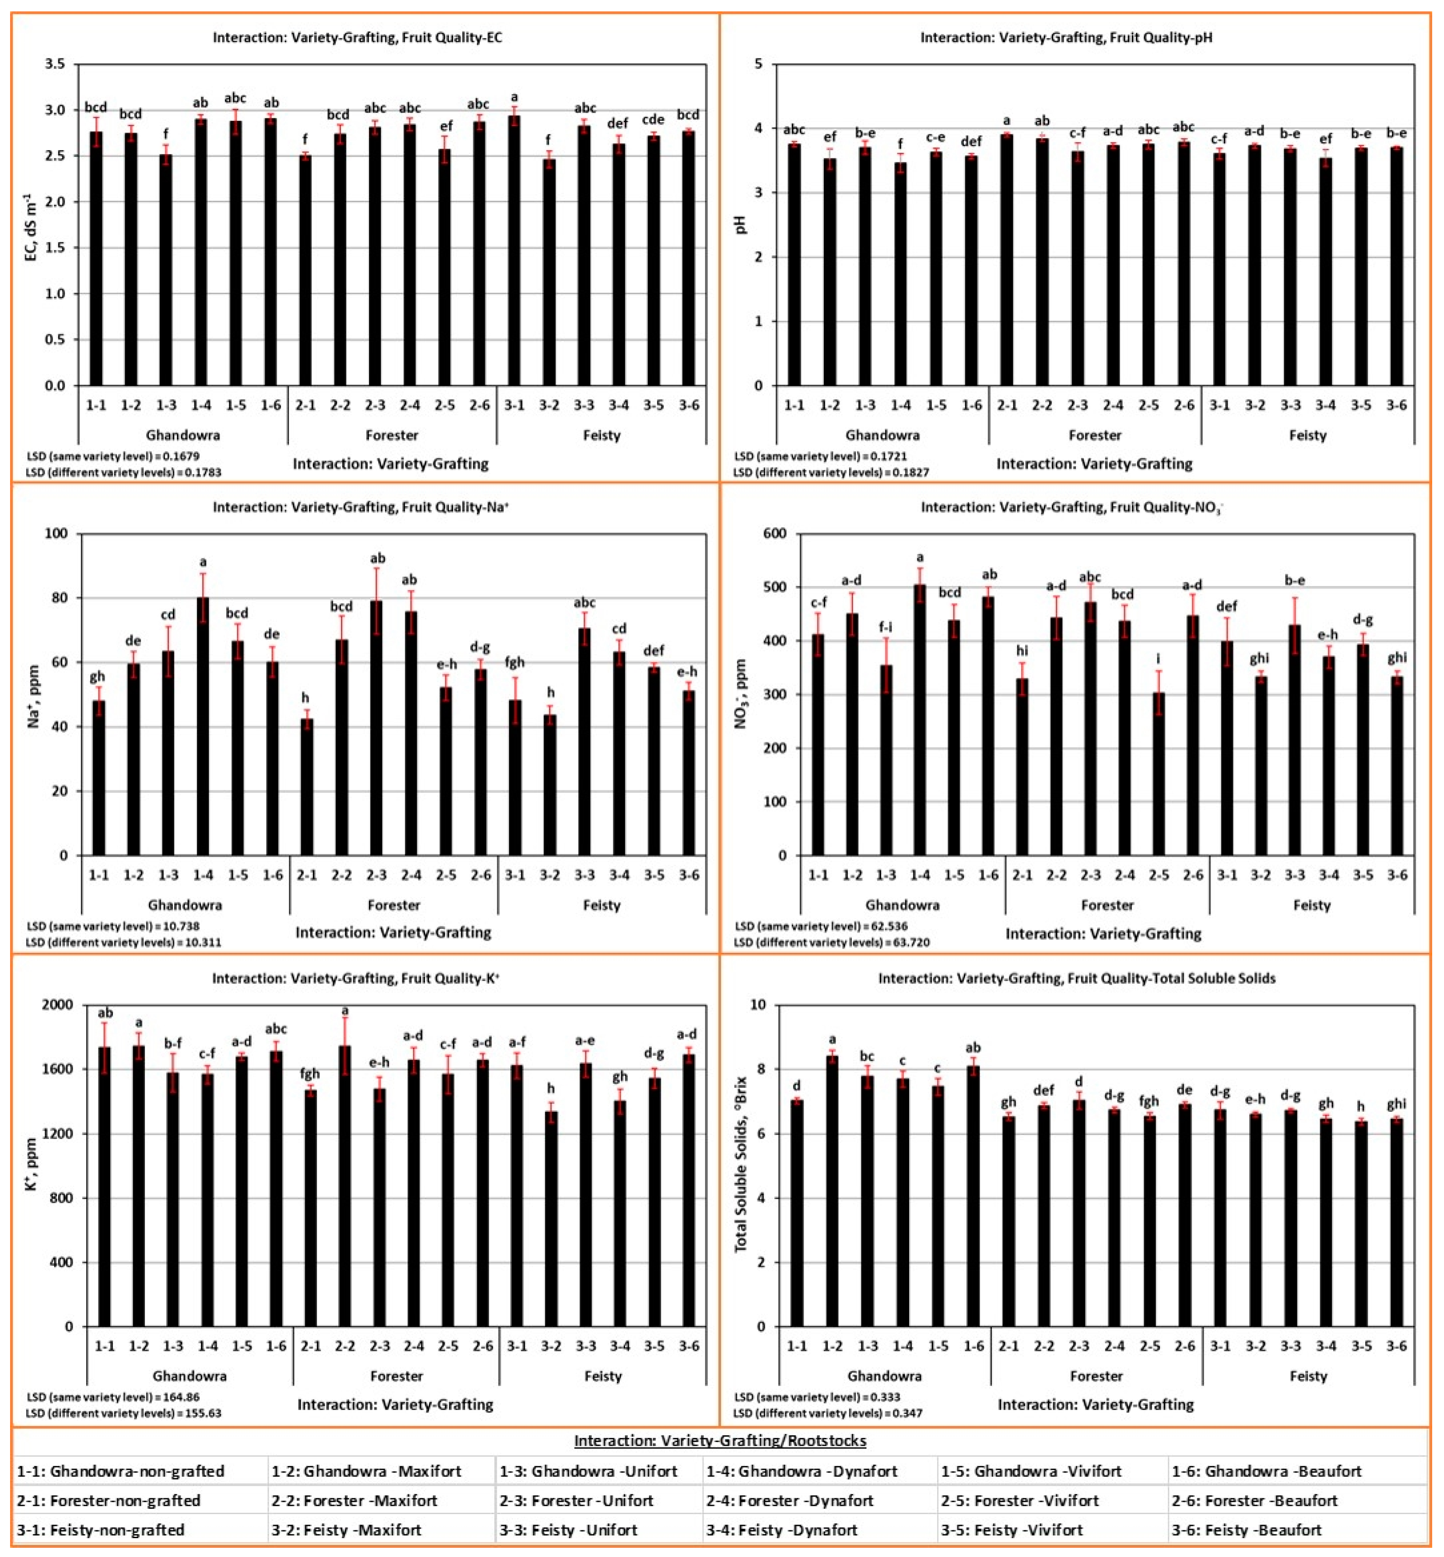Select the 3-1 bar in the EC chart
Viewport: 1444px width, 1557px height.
coord(514,250)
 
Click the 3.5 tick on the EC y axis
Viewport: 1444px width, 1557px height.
coord(55,64)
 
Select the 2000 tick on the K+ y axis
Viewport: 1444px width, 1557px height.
coord(58,1005)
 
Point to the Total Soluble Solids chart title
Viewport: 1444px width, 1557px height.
coord(1076,978)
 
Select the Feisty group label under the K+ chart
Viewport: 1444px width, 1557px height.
coord(602,1376)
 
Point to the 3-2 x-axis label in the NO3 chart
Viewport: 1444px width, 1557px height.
coord(1260,875)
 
